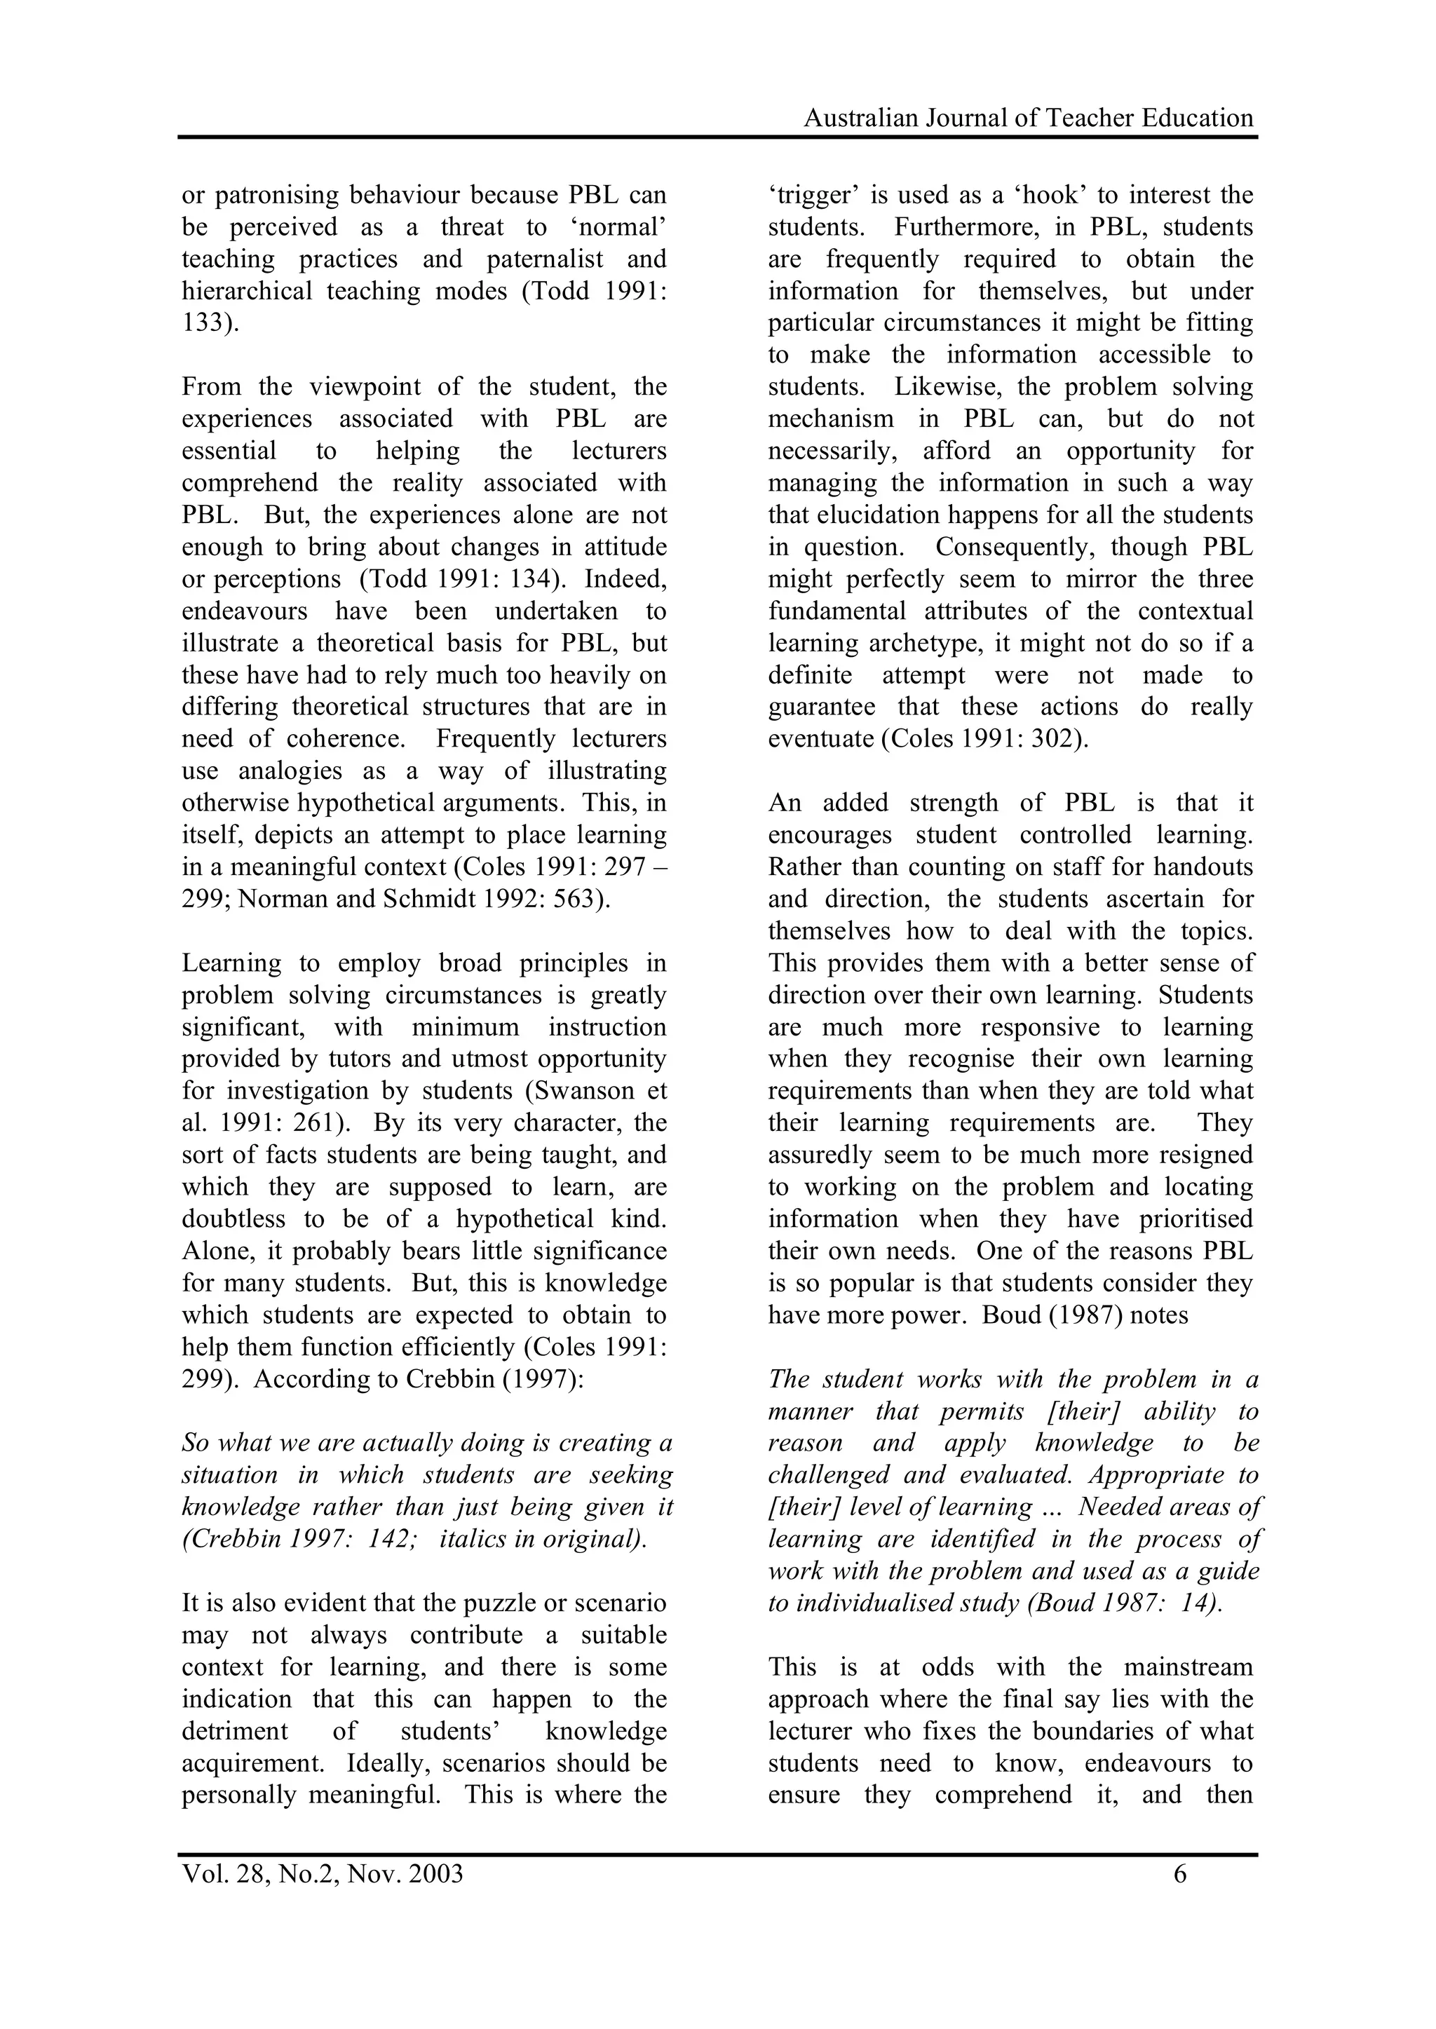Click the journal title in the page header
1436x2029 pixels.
click(1027, 118)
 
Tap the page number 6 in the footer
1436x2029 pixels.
click(1179, 1874)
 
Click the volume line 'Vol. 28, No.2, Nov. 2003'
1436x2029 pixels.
click(322, 1874)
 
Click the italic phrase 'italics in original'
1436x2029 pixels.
click(542, 1539)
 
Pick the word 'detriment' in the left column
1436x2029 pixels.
click(234, 1731)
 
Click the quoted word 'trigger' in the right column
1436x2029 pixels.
click(806, 196)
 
